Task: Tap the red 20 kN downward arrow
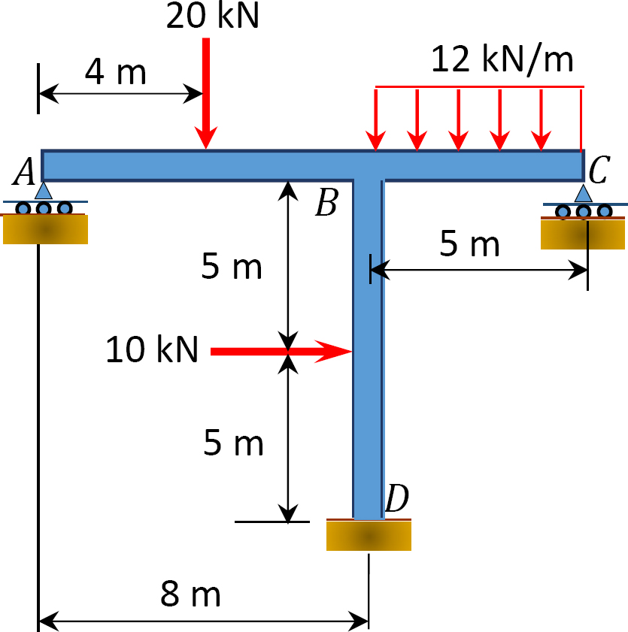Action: tap(206, 93)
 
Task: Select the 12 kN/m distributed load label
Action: tap(502, 59)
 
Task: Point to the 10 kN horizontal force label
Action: tap(152, 349)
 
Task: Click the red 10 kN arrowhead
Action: tap(333, 352)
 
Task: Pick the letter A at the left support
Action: tap(25, 171)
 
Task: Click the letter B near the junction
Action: tap(326, 203)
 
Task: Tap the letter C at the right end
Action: tap(599, 170)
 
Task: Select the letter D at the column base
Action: tap(397, 497)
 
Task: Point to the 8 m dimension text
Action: tap(190, 594)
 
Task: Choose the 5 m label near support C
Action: tap(469, 243)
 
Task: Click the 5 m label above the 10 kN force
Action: tap(232, 265)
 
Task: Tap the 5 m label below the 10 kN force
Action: tap(234, 442)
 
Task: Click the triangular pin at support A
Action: tap(44, 190)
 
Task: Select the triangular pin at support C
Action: tap(583, 193)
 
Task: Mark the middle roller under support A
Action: tap(44, 208)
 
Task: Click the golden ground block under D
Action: tap(369, 536)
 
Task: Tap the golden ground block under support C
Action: tap(583, 234)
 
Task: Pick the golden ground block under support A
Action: tap(45, 229)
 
